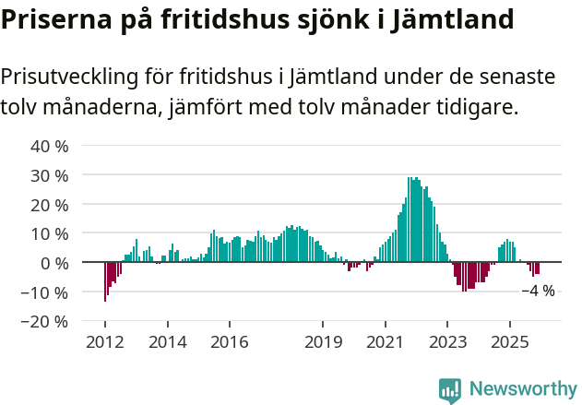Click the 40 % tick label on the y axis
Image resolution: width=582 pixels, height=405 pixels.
(50, 146)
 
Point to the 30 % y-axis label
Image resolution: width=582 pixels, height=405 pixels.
(50, 175)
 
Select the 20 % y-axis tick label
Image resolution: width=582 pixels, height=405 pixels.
(50, 204)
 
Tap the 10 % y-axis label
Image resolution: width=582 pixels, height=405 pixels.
(50, 233)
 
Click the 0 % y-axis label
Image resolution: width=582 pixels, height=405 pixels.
(54, 263)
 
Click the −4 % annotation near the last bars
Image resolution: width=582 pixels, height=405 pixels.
(538, 291)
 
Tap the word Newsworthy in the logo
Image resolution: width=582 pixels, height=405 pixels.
(522, 389)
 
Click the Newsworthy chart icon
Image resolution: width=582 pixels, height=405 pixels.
(450, 390)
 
